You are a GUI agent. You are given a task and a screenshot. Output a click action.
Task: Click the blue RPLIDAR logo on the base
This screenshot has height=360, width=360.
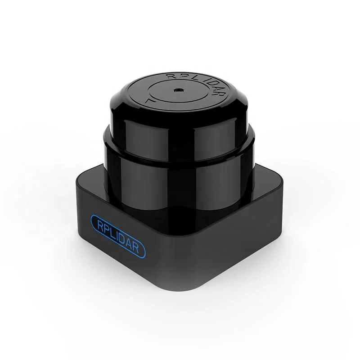120,234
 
